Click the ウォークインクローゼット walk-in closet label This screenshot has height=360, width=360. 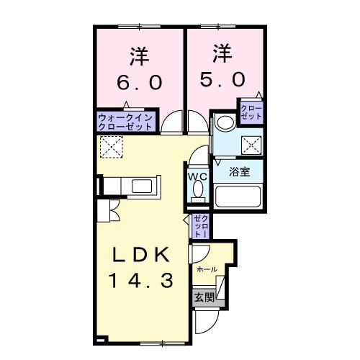(x=125, y=121)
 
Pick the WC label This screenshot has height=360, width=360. (x=197, y=176)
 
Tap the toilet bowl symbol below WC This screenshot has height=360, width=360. (x=197, y=192)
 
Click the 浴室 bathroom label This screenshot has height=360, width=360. (x=240, y=172)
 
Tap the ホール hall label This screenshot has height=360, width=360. (x=207, y=269)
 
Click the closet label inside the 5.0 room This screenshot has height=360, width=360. (x=252, y=112)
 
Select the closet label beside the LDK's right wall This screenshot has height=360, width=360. (x=199, y=225)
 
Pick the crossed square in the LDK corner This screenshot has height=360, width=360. (x=111, y=148)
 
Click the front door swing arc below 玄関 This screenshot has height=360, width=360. (x=204, y=320)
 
